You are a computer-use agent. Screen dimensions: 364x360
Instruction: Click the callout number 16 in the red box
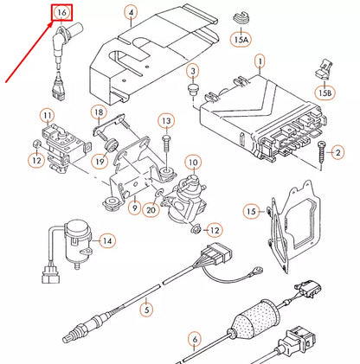click(x=61, y=13)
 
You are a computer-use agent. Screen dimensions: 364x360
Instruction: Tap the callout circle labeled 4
click(x=130, y=13)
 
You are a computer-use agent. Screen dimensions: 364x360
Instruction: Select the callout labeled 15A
click(x=240, y=39)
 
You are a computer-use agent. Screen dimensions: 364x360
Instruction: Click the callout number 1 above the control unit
click(x=258, y=61)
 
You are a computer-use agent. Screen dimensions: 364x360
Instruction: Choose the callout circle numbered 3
click(x=192, y=70)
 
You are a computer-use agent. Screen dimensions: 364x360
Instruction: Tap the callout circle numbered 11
click(x=47, y=115)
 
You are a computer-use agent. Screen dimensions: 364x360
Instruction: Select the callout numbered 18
click(x=100, y=113)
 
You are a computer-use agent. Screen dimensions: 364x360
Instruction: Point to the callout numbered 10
click(x=193, y=162)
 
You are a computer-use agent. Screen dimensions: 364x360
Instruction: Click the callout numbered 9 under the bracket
click(x=134, y=208)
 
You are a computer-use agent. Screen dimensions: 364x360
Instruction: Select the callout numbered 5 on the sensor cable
click(x=147, y=306)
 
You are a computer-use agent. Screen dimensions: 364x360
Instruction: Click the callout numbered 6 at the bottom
click(x=196, y=339)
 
